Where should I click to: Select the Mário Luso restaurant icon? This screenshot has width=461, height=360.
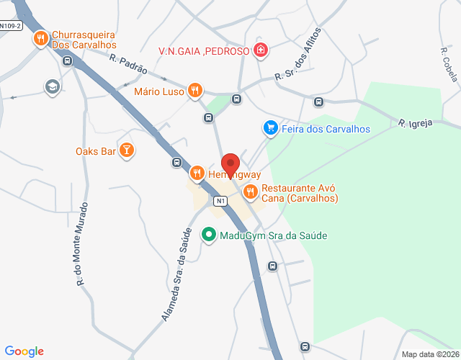(194, 91)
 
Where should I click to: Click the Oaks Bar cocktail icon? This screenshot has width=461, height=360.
(127, 150)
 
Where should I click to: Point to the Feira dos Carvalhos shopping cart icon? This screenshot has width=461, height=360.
(270, 128)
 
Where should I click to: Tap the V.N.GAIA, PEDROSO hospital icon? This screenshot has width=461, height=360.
(260, 51)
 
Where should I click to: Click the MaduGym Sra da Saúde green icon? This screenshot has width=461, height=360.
(209, 235)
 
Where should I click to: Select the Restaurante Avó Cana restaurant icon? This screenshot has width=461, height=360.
(250, 192)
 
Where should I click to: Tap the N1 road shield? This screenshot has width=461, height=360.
(220, 201)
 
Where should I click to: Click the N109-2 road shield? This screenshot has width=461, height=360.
(11, 26)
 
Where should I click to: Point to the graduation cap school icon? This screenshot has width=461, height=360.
(52, 87)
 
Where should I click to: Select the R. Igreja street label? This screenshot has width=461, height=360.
(416, 123)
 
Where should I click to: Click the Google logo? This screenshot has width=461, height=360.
(24, 351)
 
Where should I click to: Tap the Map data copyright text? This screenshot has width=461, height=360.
(429, 354)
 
